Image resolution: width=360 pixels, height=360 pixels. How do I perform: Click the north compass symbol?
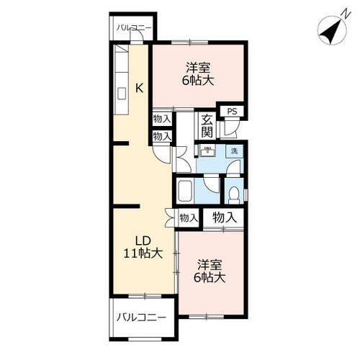click(x=332, y=31)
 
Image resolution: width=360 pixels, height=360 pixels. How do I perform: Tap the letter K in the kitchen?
click(x=140, y=88)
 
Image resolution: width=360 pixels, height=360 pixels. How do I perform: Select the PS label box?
click(x=232, y=111)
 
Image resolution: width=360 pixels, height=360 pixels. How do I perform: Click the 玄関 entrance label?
click(x=207, y=126)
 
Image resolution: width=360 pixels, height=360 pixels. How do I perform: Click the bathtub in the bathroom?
click(x=185, y=191)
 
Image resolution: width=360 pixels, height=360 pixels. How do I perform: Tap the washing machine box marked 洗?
click(x=235, y=151)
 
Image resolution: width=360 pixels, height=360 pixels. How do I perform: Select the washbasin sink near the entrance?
click(x=207, y=150)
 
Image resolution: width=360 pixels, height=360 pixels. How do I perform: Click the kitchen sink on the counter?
click(x=122, y=94)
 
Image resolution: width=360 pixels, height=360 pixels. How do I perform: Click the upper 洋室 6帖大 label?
click(x=198, y=74)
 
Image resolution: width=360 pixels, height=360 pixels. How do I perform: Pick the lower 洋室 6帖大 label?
click(x=210, y=271)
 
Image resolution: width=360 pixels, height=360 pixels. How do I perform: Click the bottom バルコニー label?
click(x=141, y=318)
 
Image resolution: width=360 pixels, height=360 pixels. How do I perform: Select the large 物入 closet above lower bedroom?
click(x=225, y=217)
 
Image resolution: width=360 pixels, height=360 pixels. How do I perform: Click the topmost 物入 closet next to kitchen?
click(x=162, y=119)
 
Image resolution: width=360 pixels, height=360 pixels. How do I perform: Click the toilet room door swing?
click(x=233, y=168)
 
